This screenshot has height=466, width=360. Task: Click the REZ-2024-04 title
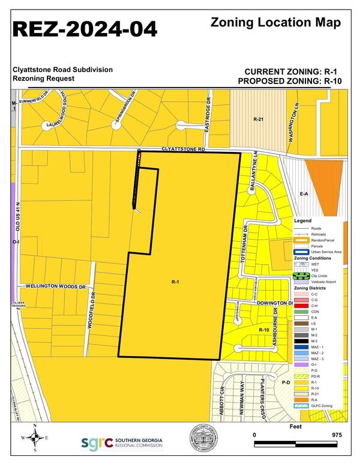(86, 28)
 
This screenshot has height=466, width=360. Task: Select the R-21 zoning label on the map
(259, 120)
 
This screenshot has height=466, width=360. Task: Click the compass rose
(35, 438)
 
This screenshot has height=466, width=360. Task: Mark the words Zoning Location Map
(276, 23)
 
